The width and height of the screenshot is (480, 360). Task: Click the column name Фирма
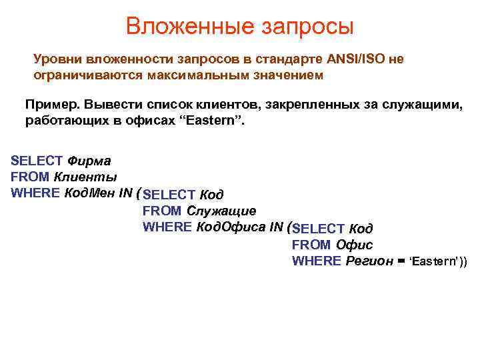pos(89,161)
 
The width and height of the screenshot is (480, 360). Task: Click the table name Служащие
pos(221,211)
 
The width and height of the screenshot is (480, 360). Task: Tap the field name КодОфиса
pos(231,227)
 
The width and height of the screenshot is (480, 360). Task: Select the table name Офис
pos(354,245)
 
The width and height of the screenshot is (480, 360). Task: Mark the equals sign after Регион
pos(401,261)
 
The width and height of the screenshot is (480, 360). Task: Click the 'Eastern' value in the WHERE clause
pos(434,261)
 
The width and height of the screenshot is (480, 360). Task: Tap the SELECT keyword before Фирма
pos(37,161)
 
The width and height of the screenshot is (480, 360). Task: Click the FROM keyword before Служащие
pos(162,211)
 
